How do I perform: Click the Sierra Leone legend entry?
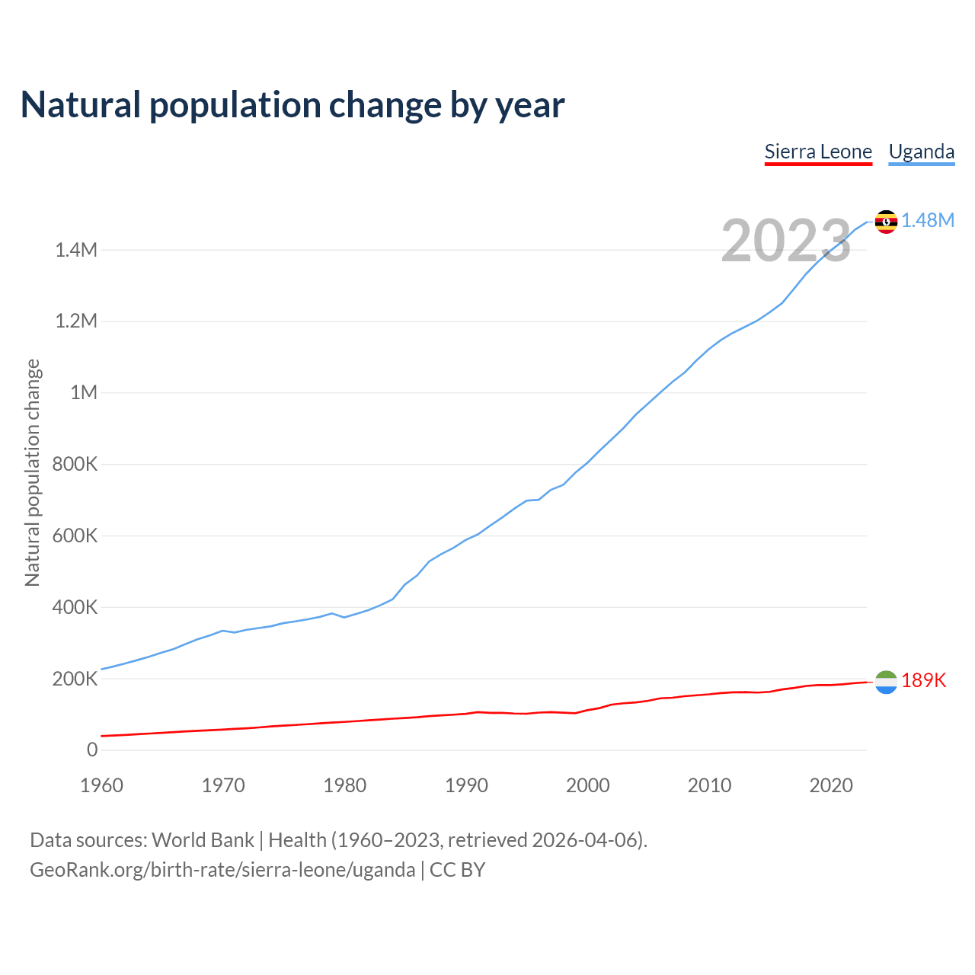point(818,152)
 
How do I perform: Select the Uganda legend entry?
point(922,152)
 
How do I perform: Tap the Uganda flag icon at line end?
point(886,222)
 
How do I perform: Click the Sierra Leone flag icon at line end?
point(886,682)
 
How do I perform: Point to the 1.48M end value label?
point(928,221)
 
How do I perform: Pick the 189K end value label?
point(923,681)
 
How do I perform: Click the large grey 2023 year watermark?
point(786,241)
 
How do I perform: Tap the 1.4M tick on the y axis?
point(76,250)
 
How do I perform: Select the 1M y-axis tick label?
point(84,393)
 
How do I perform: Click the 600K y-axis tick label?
point(75,536)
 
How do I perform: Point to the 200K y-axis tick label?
point(75,679)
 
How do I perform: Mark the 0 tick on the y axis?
point(92,750)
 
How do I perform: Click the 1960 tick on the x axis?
point(101,785)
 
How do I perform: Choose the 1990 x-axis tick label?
point(466,785)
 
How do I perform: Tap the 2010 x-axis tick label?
point(709,785)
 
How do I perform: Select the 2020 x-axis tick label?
point(831,785)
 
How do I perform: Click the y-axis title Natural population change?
point(33,472)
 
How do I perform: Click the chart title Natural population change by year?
point(292,105)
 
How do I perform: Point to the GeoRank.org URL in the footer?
point(222,870)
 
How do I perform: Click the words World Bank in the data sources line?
point(203,840)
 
